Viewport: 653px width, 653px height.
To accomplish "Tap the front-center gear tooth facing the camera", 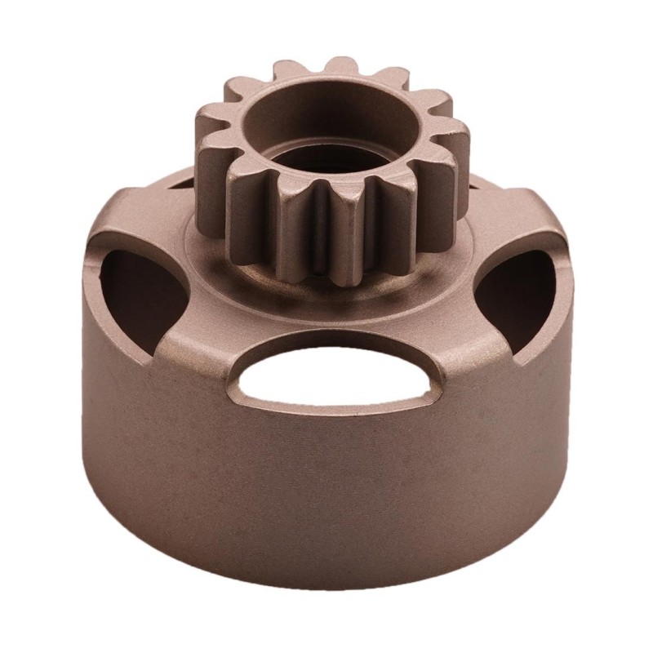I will click(x=343, y=233).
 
